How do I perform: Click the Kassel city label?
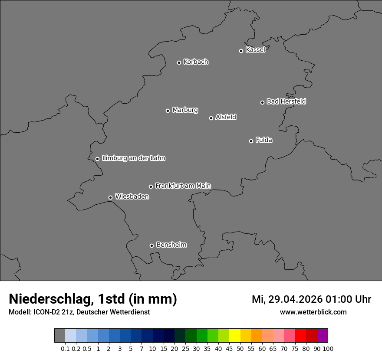tap(255, 50)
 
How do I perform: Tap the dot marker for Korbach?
tap(179, 62)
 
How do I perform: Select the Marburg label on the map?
tap(185, 110)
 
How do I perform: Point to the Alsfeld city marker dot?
tap(211, 118)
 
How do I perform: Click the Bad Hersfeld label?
tap(286, 101)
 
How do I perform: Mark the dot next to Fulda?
tap(251, 141)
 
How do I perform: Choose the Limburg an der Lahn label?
tap(133, 158)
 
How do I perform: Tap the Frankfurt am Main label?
tap(183, 186)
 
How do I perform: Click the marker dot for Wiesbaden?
tap(110, 197)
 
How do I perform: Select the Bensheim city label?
tap(171, 245)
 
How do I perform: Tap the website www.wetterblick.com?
tap(313, 312)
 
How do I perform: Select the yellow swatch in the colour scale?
tap(235, 336)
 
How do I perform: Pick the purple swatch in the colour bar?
tap(322, 336)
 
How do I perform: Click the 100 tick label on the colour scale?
tap(328, 348)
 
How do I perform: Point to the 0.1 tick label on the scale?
tap(65, 348)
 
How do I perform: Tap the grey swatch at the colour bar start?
tap(59, 336)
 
